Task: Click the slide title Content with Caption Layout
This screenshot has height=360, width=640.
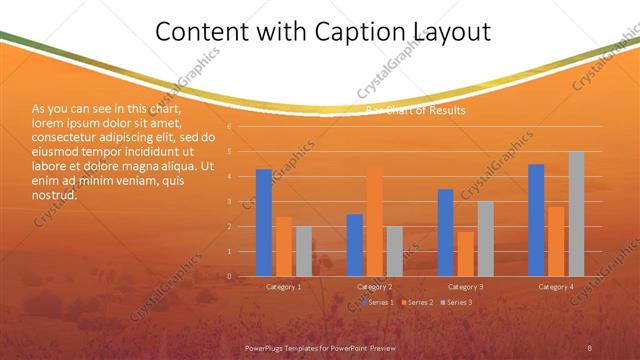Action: point(323,32)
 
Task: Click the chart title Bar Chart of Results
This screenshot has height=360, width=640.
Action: point(415,110)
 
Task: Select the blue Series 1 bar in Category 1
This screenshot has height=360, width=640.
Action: point(264,222)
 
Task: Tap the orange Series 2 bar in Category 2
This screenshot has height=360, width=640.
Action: point(375,221)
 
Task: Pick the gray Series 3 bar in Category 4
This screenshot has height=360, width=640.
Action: point(576,214)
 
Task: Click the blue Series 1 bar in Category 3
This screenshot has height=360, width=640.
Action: point(445,232)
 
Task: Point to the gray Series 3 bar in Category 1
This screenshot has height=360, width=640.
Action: point(304,251)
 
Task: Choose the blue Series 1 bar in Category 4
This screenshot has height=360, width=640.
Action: point(536,220)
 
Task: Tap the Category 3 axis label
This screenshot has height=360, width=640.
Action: point(465,287)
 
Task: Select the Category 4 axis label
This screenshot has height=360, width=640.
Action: point(556,287)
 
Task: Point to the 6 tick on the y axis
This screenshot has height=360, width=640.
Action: point(230,127)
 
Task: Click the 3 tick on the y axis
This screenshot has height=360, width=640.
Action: point(230,202)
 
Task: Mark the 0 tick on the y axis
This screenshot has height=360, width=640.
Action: point(230,276)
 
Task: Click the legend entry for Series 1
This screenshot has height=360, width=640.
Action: point(379,302)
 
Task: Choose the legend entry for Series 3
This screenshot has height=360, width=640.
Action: point(456,302)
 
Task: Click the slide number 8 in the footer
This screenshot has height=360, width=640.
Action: point(590,347)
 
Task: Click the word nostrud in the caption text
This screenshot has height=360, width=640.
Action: point(54,195)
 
